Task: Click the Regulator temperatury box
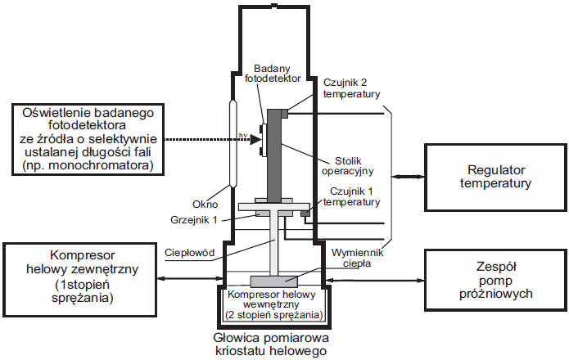(496, 176)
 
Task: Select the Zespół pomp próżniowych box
(496, 279)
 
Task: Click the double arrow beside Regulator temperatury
(408, 175)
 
